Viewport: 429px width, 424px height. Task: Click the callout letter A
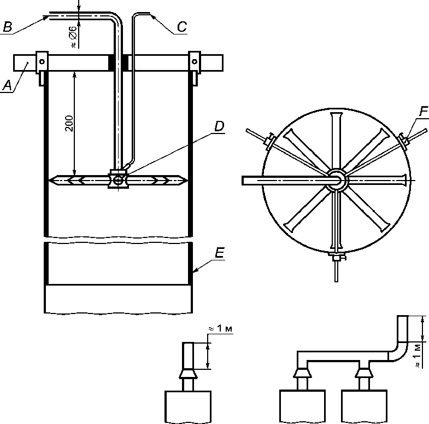coord(8,86)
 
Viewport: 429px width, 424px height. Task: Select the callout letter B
coord(8,27)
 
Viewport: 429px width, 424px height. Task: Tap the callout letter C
coord(182,27)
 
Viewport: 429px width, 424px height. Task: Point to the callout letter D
coord(219,126)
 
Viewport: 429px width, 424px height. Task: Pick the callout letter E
coord(220,253)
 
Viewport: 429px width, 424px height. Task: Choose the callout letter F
coord(423,112)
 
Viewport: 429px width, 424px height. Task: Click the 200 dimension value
coord(69,124)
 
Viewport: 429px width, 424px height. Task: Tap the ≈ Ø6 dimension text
coord(73,37)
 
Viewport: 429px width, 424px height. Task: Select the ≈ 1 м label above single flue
coord(221,328)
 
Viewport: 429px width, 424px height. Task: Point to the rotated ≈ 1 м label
coord(417,356)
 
